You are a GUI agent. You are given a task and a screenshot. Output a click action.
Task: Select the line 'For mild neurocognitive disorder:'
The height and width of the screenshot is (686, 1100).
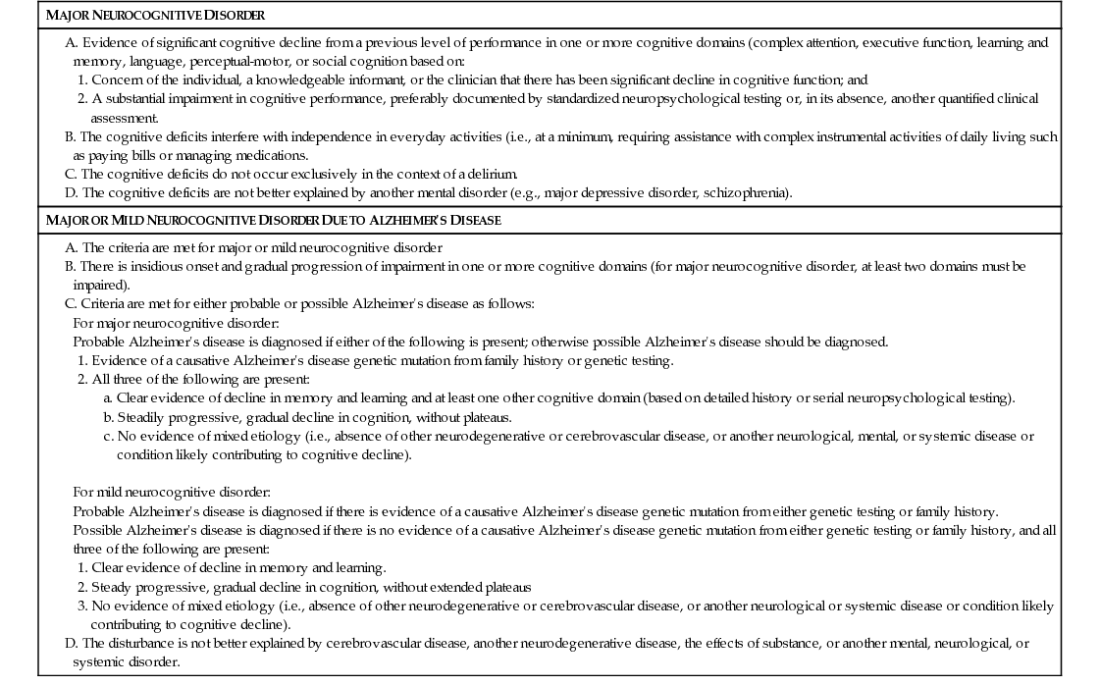click(171, 492)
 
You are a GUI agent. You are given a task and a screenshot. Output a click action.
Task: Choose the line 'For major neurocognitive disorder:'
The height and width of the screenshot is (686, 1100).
click(176, 323)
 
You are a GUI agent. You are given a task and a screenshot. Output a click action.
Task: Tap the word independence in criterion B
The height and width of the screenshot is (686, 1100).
click(303, 136)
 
